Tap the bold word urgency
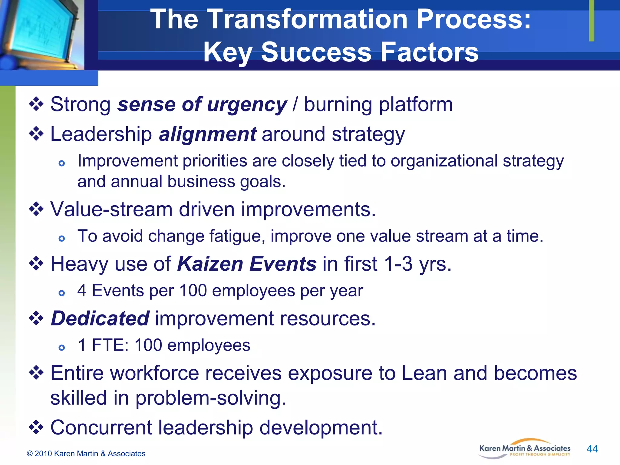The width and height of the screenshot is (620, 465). pos(247,105)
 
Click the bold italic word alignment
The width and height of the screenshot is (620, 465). pos(208,134)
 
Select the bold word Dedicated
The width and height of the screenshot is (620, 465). pos(100,318)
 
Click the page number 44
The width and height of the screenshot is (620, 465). pos(592,449)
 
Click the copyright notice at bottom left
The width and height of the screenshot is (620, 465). pos(86,453)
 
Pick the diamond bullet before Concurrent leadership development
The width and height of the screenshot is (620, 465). pos(36,427)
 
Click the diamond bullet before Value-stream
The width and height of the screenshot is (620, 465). pos(36,209)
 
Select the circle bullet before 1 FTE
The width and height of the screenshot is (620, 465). pos(62,348)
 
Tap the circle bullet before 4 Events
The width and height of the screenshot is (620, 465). pos(62,293)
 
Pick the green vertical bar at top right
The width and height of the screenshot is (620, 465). pos(592,21)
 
